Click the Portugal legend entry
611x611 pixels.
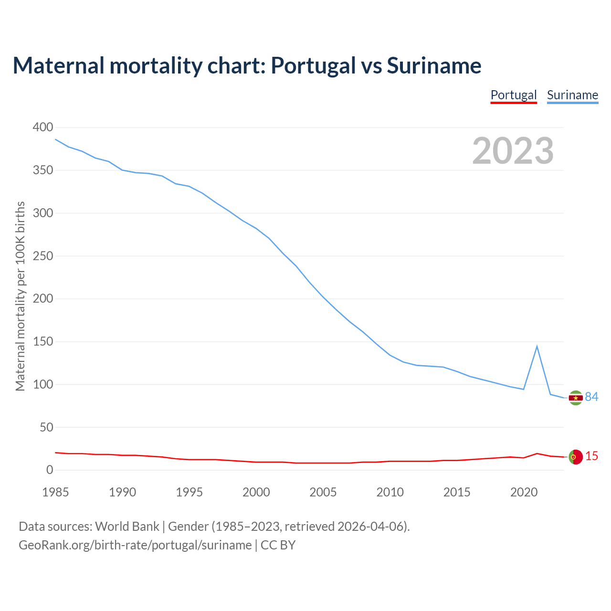click(514, 95)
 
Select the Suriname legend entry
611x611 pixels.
click(572, 95)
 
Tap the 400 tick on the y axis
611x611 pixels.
click(43, 127)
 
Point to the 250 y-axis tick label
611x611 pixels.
click(43, 256)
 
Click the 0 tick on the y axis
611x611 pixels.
click(50, 470)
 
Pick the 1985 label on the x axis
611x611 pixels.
click(55, 492)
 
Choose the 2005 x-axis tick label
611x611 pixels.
click(323, 492)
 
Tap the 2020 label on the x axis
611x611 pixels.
click(524, 492)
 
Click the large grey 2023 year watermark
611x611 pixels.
click(513, 151)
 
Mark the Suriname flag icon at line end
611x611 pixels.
click(576, 398)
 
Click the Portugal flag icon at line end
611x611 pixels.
click(576, 457)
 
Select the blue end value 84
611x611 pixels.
click(591, 397)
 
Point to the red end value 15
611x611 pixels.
click(591, 456)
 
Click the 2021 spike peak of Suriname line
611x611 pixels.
click(537, 346)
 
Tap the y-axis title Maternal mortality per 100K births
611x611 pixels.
click(20, 296)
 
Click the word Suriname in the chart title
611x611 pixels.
click(434, 65)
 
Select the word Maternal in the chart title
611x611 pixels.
click(58, 65)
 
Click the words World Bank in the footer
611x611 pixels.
click(127, 527)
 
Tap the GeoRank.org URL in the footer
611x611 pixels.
click(135, 545)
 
